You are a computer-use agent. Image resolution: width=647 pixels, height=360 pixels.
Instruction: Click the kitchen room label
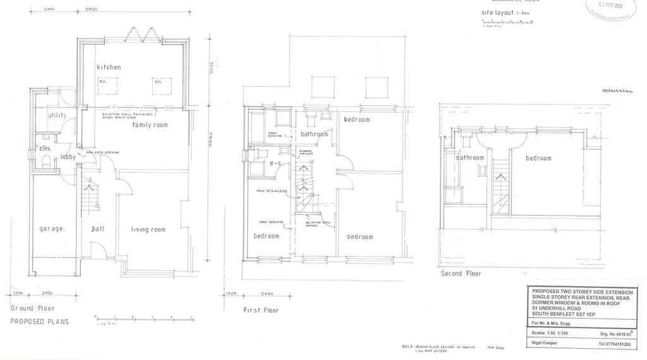pos(109,67)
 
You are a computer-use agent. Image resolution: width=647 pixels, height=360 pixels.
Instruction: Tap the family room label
pos(150,125)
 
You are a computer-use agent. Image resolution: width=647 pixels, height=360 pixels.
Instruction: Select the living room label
pos(148,229)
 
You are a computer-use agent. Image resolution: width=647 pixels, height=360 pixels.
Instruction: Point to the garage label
pos(51,229)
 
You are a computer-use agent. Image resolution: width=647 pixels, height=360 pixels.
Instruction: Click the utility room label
pos(57,116)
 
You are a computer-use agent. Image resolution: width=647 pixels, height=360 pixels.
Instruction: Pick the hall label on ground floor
pos(97,229)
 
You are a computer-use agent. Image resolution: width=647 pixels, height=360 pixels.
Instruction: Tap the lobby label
pos(69,157)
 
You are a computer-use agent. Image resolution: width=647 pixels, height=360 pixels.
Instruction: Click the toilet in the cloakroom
pos(43,163)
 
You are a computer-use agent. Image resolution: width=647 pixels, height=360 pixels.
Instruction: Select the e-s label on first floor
pos(275,163)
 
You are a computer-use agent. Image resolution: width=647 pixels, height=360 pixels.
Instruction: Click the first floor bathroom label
pos(314,135)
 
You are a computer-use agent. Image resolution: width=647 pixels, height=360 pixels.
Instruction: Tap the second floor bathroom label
pos(470,158)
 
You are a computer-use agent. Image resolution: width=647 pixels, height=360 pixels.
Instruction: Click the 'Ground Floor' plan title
pos(32,309)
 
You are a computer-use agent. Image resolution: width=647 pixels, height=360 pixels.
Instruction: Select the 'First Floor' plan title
pos(261,310)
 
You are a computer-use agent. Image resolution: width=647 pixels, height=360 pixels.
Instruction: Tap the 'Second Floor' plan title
pos(461,273)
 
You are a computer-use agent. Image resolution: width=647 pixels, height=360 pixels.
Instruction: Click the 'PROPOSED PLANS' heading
pos(39,321)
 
